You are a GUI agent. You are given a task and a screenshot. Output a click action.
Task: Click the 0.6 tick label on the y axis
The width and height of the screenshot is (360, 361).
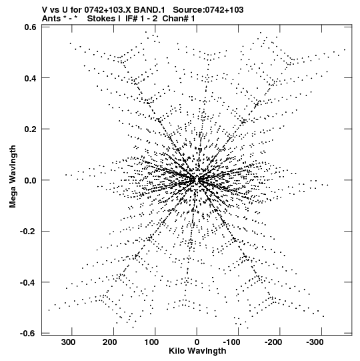[31, 27]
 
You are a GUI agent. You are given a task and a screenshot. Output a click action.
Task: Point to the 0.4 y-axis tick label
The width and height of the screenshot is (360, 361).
[31, 78]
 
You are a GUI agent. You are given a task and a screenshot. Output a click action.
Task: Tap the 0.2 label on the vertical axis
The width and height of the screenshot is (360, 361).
[31, 129]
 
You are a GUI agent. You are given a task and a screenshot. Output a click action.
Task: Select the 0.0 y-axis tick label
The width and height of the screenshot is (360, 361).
[31, 180]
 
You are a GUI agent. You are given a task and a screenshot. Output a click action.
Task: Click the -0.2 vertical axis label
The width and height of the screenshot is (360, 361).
[28, 232]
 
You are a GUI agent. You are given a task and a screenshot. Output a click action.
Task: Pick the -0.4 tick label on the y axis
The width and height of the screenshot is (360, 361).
[28, 282]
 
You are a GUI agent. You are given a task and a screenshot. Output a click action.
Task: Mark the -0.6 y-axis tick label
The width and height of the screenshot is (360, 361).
[28, 334]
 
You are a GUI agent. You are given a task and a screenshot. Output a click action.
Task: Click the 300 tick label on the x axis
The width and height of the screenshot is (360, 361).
[68, 342]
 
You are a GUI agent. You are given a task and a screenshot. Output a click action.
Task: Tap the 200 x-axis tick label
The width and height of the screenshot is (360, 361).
[110, 342]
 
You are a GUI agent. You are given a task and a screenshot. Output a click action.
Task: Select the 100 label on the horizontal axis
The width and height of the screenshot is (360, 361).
[151, 342]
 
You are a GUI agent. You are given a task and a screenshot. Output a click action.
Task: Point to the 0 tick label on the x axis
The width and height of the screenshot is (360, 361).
[197, 342]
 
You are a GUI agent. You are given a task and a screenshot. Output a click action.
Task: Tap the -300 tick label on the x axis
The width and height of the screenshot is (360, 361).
[315, 342]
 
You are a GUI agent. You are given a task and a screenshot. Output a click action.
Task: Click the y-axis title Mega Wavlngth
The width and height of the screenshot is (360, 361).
[13, 177]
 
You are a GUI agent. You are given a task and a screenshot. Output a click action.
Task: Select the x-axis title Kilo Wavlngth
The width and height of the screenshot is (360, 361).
[197, 351]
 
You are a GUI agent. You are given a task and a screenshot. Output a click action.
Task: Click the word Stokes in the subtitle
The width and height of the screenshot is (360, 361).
[101, 19]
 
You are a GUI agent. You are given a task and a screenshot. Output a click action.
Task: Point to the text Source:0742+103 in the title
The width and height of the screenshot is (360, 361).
[208, 10]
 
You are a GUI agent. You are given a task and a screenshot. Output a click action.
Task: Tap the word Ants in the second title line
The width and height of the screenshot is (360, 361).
[51, 19]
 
